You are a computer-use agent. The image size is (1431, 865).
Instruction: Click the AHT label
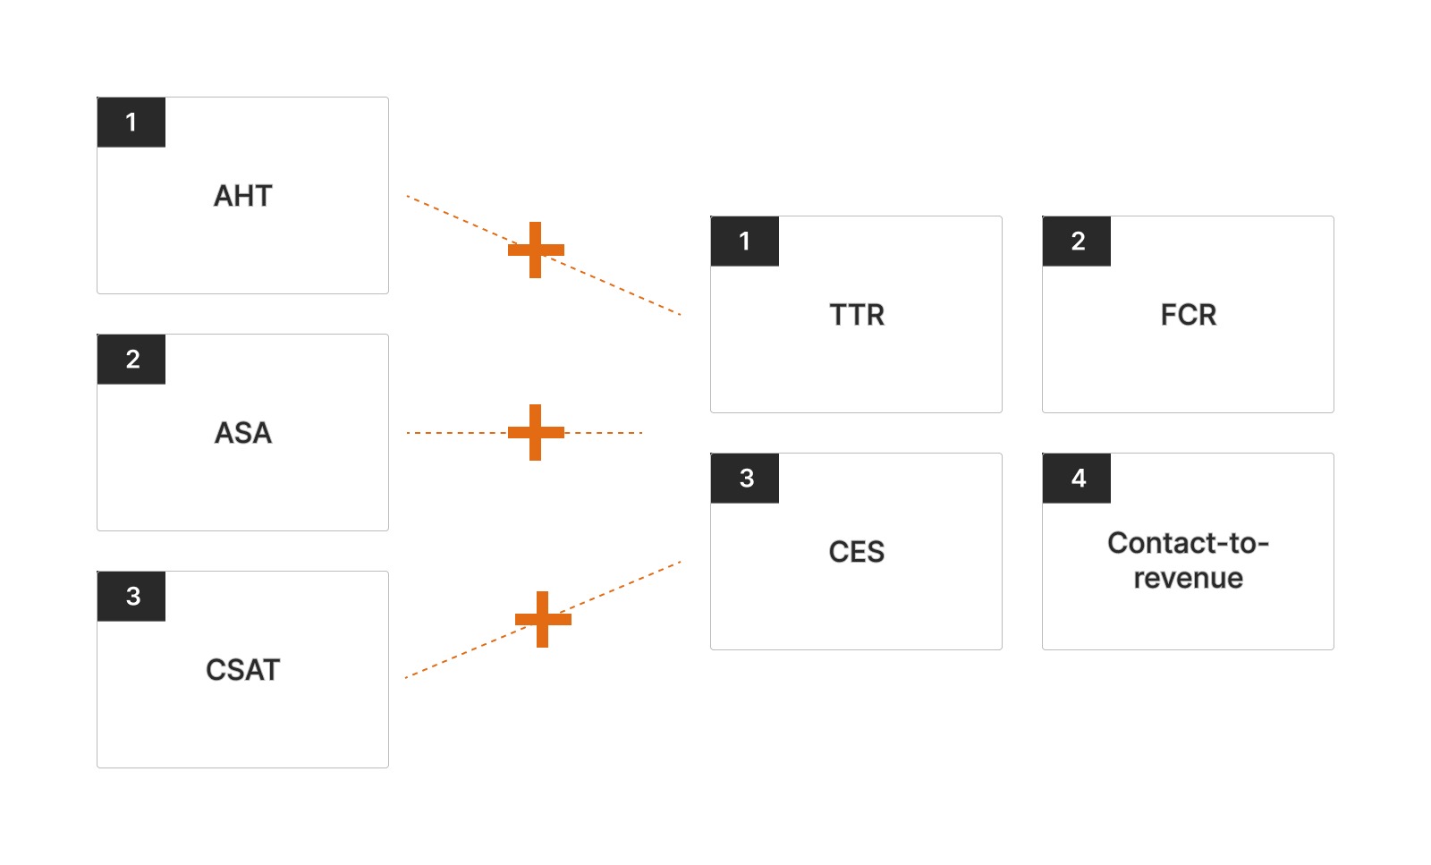point(242,196)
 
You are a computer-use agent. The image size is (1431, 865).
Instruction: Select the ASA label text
point(242,433)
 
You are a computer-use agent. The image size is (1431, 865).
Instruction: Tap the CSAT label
point(242,670)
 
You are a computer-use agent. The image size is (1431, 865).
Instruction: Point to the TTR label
point(856,315)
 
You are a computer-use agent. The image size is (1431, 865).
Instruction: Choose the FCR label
point(1188,315)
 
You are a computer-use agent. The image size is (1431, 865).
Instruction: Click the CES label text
point(856,552)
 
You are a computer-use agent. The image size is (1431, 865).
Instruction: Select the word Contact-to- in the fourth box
point(1188,543)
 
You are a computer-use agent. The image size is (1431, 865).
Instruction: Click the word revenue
point(1188,578)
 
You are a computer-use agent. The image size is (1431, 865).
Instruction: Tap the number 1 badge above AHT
point(131,123)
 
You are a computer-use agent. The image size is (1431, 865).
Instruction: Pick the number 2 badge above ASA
point(131,360)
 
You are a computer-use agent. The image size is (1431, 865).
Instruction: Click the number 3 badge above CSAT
point(131,597)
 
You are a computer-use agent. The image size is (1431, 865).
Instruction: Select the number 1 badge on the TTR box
point(745,242)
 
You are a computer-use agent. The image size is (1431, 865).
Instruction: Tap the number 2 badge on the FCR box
point(1077,242)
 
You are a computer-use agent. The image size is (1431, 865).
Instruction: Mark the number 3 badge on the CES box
point(745,479)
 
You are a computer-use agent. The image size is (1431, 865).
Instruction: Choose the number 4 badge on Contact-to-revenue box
point(1077,479)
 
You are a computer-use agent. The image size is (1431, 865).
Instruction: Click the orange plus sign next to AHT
point(536,250)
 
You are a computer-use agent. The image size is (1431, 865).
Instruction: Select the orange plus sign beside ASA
point(536,433)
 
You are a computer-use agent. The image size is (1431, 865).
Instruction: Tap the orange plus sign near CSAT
point(543,619)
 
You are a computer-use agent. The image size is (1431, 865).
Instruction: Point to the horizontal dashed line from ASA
point(608,433)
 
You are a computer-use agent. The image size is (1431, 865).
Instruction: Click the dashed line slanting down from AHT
point(626,292)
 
